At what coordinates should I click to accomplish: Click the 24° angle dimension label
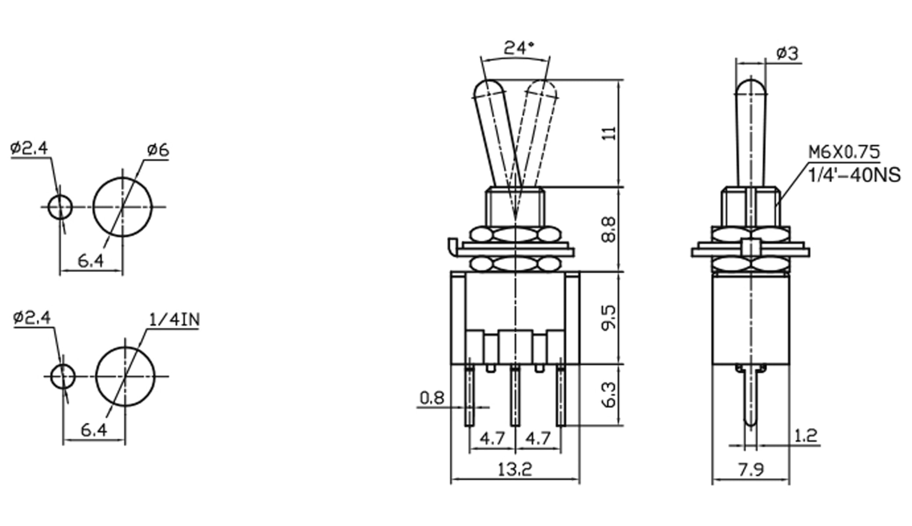coord(519,47)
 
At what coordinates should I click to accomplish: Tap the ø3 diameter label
coord(787,53)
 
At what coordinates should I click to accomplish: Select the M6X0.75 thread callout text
coord(844,152)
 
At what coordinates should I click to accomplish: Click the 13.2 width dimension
coord(515,469)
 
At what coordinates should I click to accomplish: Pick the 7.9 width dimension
coord(751,469)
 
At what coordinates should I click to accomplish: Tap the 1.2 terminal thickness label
coord(806,436)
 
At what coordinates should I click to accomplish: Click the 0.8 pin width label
coord(432,398)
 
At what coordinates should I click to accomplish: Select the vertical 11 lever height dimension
coord(609,133)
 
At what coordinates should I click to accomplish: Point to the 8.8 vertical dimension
coord(609,230)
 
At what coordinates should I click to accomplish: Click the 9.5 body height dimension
coord(609,318)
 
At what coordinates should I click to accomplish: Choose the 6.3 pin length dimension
coord(609,395)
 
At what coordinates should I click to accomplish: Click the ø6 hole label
coord(158,150)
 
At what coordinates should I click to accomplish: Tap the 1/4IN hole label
coord(174,320)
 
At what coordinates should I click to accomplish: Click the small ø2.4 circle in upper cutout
coord(60,207)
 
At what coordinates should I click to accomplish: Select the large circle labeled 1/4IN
coord(125,377)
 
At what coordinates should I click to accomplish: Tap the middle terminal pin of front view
coord(515,394)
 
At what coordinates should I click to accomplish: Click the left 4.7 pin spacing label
coord(492,438)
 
